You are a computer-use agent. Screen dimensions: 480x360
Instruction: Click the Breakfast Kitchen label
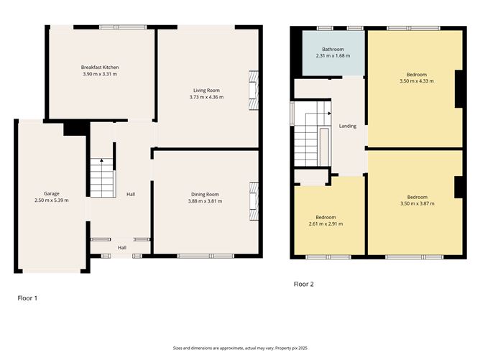click(100, 68)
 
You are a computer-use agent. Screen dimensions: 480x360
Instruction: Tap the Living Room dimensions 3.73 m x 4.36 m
click(206, 97)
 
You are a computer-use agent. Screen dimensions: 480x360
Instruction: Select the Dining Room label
click(205, 195)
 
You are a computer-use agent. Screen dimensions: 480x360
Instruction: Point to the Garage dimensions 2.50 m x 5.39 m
click(52, 200)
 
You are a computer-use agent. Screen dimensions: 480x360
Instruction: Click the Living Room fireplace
click(254, 91)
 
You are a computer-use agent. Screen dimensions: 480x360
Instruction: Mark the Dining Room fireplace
click(254, 201)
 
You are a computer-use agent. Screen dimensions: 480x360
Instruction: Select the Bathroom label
click(333, 50)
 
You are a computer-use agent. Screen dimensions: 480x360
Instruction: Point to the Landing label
click(348, 126)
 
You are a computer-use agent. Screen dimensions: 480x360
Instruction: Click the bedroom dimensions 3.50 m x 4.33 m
click(417, 81)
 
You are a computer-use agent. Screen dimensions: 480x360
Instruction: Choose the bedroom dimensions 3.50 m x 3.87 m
click(417, 203)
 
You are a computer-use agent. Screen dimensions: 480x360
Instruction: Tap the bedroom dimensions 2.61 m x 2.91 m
click(326, 223)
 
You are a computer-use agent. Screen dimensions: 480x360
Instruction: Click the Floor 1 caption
click(27, 298)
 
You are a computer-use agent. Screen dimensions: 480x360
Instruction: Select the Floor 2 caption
click(304, 284)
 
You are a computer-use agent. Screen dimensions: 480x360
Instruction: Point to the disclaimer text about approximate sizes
click(240, 348)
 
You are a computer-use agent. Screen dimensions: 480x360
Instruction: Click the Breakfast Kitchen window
click(123, 27)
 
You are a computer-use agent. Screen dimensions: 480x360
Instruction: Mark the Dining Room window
click(206, 256)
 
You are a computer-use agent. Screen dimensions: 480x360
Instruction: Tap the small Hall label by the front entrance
click(122, 248)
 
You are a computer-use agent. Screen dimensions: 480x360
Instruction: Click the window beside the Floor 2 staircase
click(292, 114)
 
